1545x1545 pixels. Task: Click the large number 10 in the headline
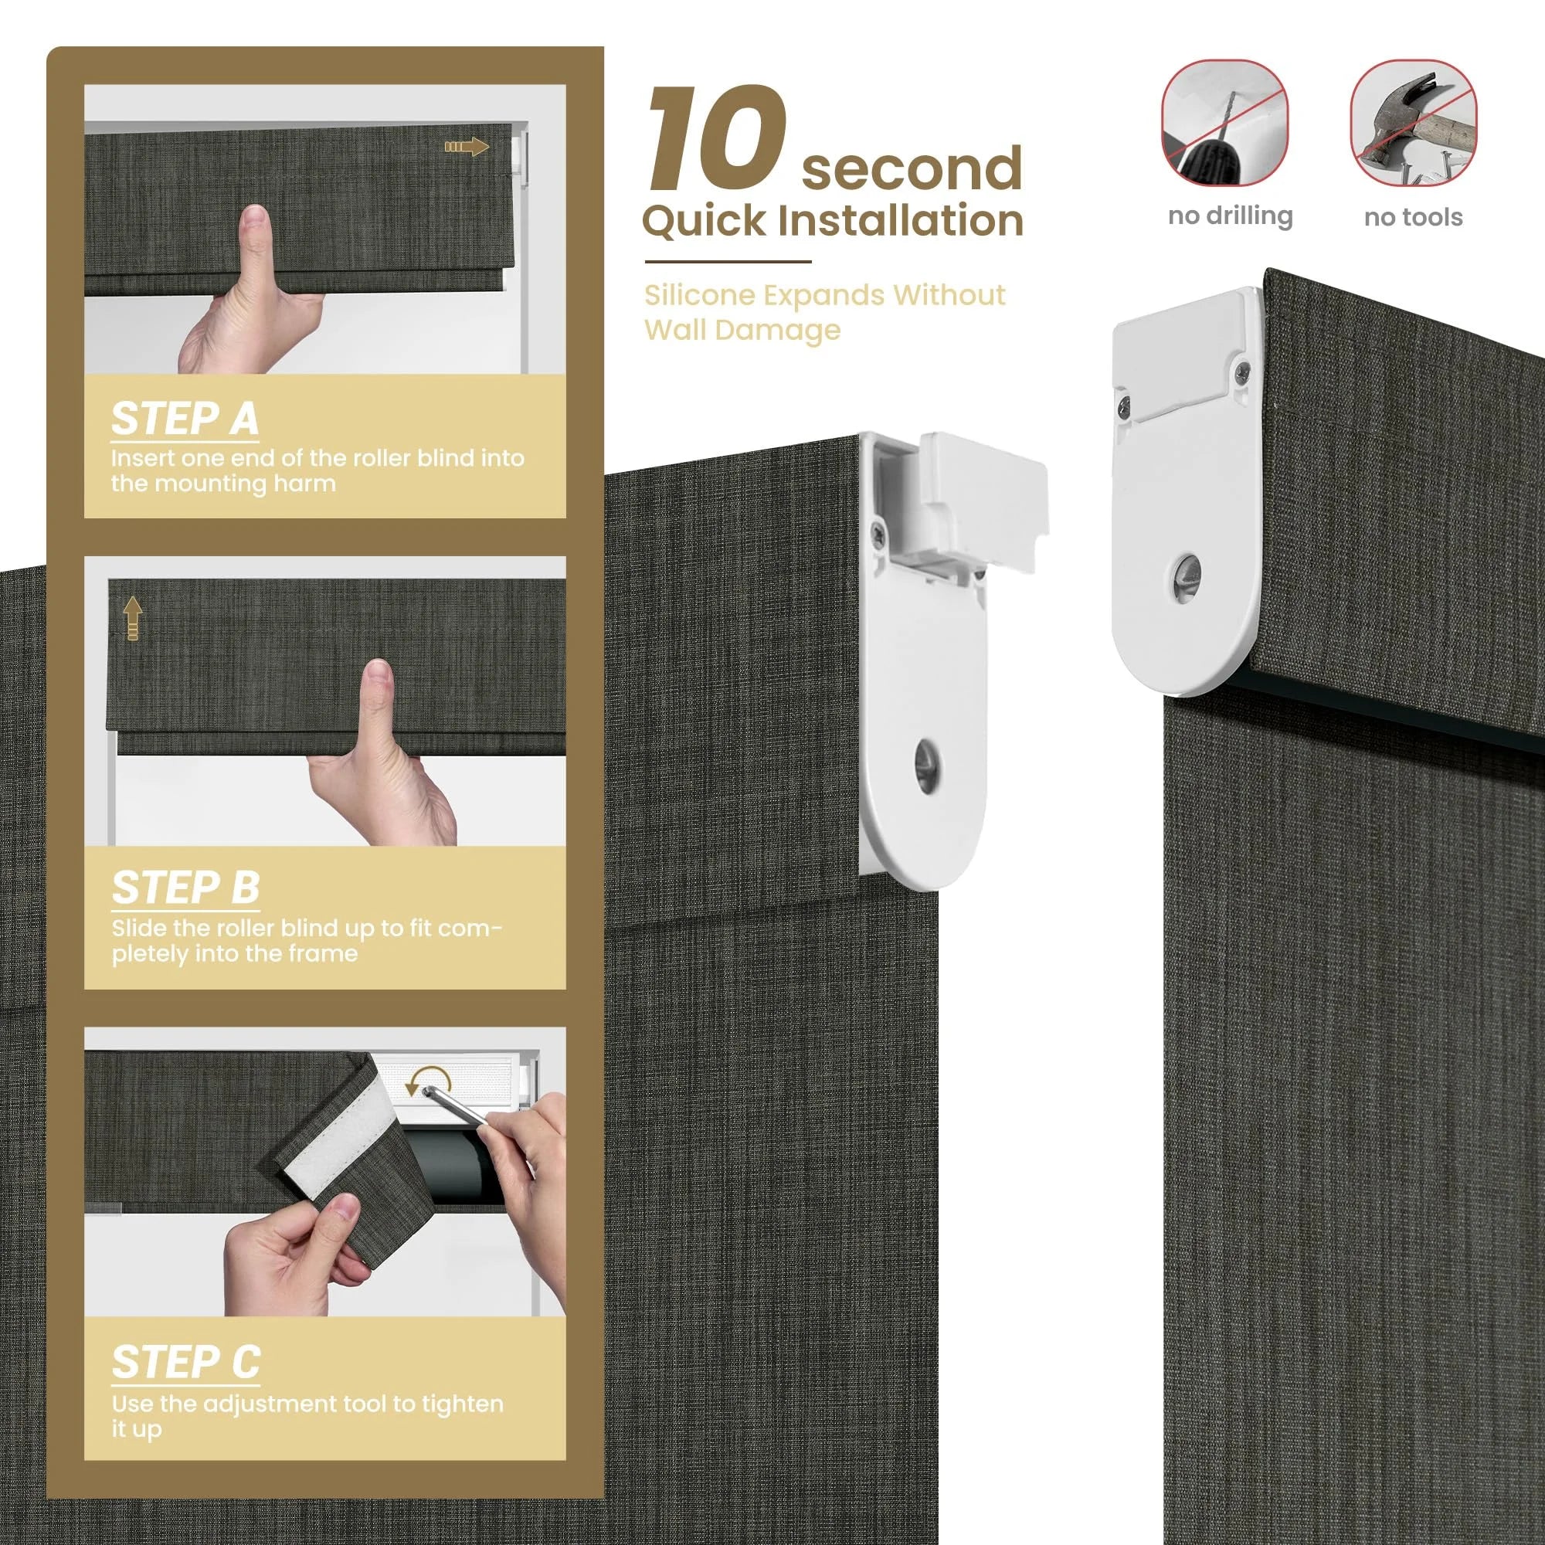(x=717, y=139)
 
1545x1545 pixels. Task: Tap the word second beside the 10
(x=912, y=167)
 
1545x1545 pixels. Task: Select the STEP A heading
(x=185, y=418)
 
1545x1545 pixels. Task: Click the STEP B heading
(x=185, y=888)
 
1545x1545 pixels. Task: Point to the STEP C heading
(x=185, y=1362)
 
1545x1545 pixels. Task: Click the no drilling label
(x=1230, y=217)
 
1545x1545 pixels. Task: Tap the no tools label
(x=1413, y=217)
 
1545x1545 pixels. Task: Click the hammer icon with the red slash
(x=1413, y=122)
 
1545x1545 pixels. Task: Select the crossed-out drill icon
(x=1224, y=122)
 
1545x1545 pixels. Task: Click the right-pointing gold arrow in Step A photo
(x=467, y=146)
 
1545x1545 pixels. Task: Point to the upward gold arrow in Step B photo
(x=133, y=620)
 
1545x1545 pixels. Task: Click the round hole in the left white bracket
(x=927, y=767)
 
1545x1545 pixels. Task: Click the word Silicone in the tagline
(x=700, y=295)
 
